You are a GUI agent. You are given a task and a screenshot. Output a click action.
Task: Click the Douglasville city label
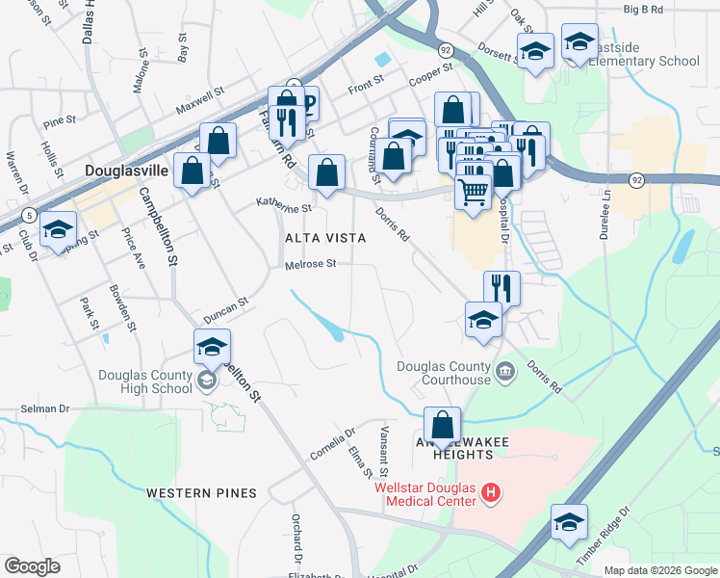126,171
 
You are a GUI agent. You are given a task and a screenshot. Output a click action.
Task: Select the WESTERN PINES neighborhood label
201,493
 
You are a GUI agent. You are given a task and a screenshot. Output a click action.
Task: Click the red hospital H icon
492,494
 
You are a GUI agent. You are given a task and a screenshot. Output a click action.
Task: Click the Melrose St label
310,264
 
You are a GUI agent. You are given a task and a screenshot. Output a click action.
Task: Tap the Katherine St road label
284,205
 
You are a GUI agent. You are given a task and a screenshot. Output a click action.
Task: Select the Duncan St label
226,309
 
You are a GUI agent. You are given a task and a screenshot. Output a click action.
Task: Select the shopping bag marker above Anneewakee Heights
442,425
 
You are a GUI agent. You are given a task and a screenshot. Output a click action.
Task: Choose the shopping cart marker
473,191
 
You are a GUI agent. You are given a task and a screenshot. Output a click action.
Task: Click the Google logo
32,566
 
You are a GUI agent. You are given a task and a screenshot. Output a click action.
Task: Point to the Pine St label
59,121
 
